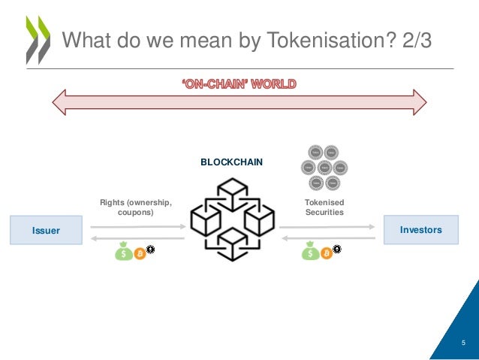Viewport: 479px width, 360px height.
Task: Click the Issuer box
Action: tap(46, 230)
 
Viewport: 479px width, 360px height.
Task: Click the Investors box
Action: tap(420, 229)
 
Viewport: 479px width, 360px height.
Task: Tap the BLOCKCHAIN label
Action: tap(231, 162)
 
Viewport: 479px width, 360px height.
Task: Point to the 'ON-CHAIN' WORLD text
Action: tap(239, 83)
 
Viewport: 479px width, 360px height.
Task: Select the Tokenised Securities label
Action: tap(324, 207)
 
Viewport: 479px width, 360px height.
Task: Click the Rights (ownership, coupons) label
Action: tap(136, 207)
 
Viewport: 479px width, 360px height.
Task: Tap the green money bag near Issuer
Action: tap(124, 253)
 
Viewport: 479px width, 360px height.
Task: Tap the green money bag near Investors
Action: tap(310, 253)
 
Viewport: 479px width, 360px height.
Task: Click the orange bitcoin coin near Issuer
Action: tap(140, 254)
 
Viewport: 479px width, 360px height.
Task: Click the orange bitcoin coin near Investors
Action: tap(326, 254)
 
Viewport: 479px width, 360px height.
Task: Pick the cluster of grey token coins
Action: tap(323, 167)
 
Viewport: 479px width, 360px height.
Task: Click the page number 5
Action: tap(463, 342)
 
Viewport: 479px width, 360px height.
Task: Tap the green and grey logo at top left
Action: tap(38, 38)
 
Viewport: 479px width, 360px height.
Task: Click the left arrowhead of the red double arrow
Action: tap(59, 101)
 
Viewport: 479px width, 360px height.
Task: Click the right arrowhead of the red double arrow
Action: tap(419, 101)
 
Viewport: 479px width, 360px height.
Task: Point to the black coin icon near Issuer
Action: tap(150, 249)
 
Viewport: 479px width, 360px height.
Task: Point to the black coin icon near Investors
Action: tap(336, 249)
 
